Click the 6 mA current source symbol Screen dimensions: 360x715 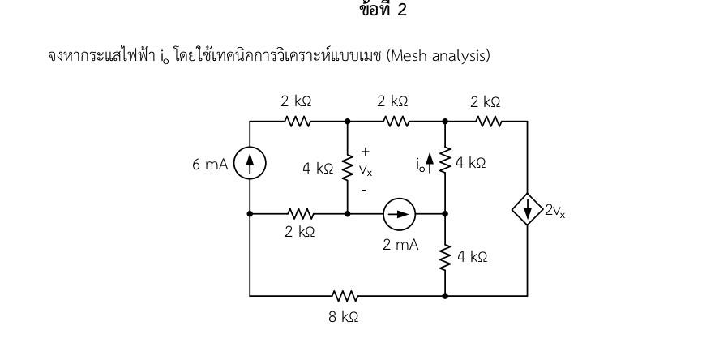click(x=250, y=165)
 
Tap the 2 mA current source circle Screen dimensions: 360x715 click(x=399, y=214)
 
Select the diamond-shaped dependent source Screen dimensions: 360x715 click(x=528, y=212)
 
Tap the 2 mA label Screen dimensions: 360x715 click(x=400, y=243)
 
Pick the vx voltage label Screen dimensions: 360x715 click(x=366, y=170)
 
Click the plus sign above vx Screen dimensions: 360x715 click(x=365, y=152)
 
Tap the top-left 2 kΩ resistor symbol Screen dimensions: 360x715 click(x=297, y=122)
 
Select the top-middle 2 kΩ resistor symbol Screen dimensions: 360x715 click(x=396, y=122)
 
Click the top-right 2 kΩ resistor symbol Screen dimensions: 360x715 click(x=488, y=122)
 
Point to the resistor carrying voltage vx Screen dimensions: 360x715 click(x=348, y=168)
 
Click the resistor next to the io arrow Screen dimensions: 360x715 click(x=445, y=162)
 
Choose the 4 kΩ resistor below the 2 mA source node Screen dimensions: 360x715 click(x=445, y=257)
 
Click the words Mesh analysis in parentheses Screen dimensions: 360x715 click(x=439, y=56)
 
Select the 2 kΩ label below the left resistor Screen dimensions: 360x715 click(x=300, y=232)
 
